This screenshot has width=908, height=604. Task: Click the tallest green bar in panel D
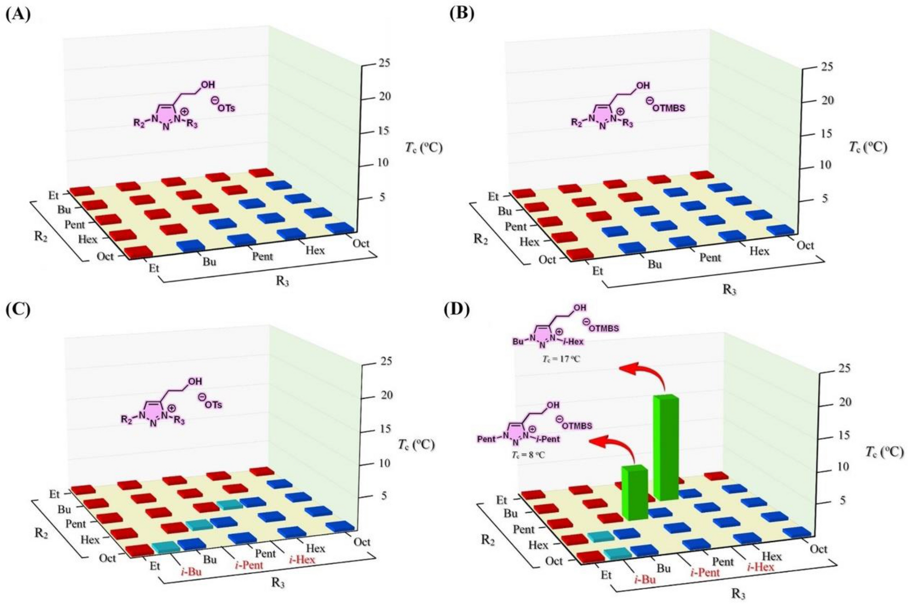tap(665, 448)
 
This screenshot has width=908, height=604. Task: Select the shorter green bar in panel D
tap(634, 491)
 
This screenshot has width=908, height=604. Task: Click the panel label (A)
tap(17, 14)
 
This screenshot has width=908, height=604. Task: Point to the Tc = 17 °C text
tap(561, 359)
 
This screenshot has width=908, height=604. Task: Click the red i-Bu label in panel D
tap(645, 579)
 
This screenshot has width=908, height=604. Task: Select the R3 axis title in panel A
tap(282, 281)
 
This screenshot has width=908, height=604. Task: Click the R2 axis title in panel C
tap(40, 532)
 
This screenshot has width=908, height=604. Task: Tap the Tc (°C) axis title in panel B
tap(869, 147)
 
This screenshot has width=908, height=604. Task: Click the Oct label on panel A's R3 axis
tap(361, 243)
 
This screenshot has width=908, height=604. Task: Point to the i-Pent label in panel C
tap(249, 565)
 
